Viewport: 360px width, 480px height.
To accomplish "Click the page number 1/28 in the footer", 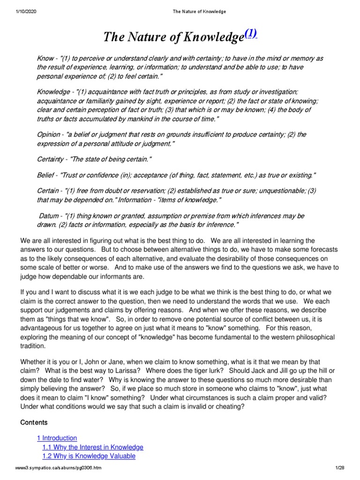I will coord(339,468).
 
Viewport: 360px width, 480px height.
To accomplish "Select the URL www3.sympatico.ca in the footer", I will coord(58,468).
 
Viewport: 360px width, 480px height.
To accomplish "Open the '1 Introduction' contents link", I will coord(57,438).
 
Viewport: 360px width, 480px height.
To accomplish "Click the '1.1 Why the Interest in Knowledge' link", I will coord(92,447).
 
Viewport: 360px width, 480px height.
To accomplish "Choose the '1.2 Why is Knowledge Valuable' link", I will coord(89,456).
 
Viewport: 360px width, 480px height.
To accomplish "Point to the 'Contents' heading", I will coord(34,422).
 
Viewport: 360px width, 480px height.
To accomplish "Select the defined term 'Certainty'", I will coord(52,159).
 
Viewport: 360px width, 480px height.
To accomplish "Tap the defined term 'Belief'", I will coord(46,175).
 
